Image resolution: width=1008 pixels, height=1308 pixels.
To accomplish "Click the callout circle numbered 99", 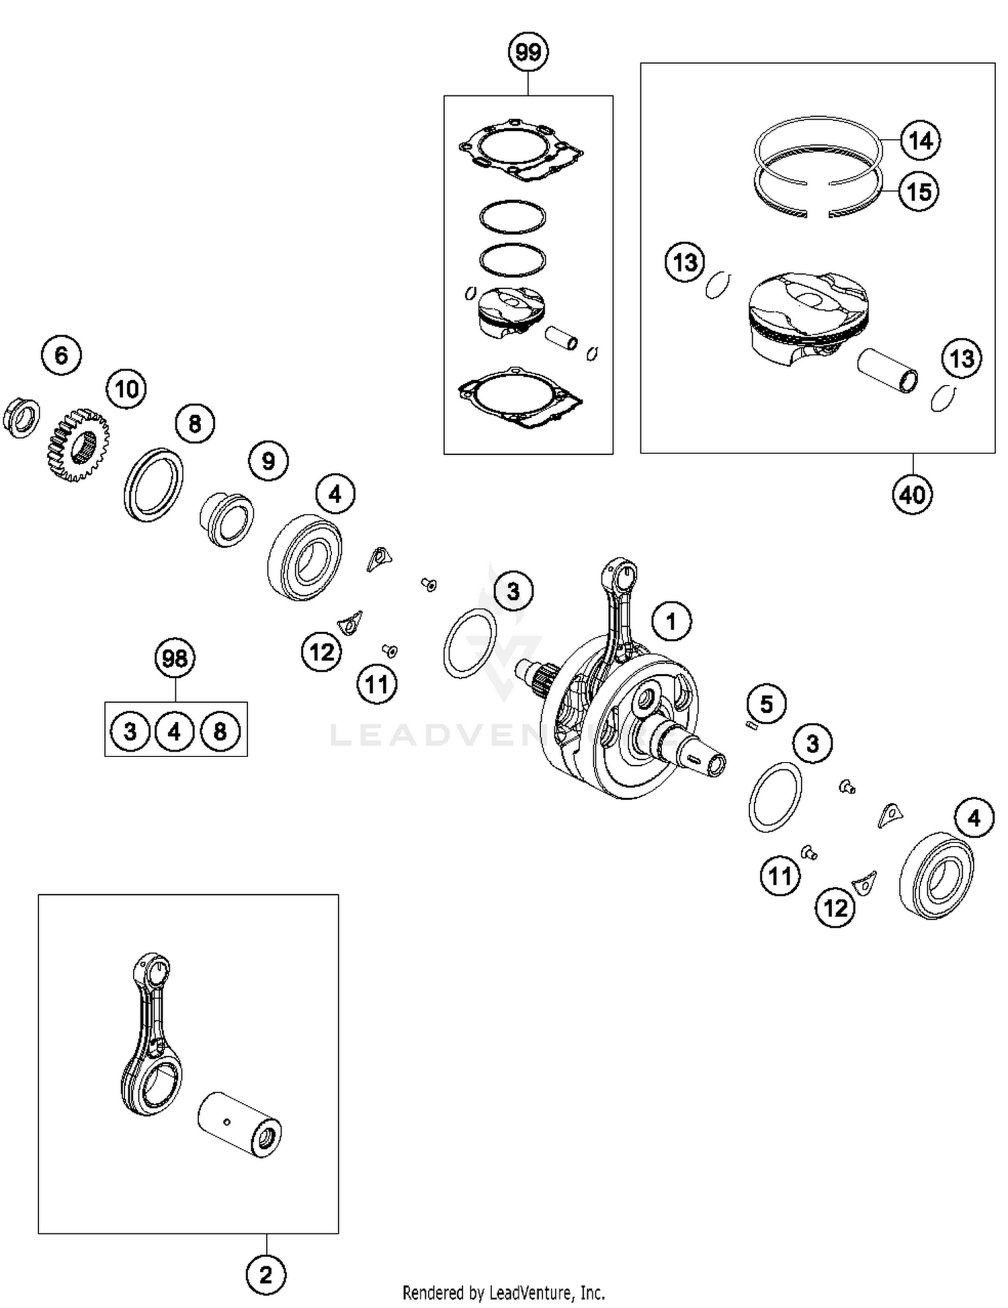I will click(528, 52).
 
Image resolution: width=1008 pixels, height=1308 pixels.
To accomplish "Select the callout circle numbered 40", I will click(912, 495).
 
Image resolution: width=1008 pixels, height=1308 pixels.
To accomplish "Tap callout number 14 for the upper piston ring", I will click(920, 140).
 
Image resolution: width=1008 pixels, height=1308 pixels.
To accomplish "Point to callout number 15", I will click(919, 191).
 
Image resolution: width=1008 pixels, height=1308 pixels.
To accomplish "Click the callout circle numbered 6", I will click(61, 355).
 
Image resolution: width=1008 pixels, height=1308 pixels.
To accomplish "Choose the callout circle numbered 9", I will click(268, 461).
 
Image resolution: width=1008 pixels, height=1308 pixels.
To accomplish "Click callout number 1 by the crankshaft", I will click(671, 621).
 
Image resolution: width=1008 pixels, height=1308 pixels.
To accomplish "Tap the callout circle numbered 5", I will click(766, 704).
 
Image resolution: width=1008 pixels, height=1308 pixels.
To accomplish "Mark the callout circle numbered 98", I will click(175, 658).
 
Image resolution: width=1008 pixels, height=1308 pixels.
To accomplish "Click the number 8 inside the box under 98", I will click(220, 731).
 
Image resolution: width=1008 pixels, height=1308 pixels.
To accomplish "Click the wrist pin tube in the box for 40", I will click(888, 370).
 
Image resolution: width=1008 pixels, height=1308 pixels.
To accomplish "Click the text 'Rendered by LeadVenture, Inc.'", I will click(503, 1292).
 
